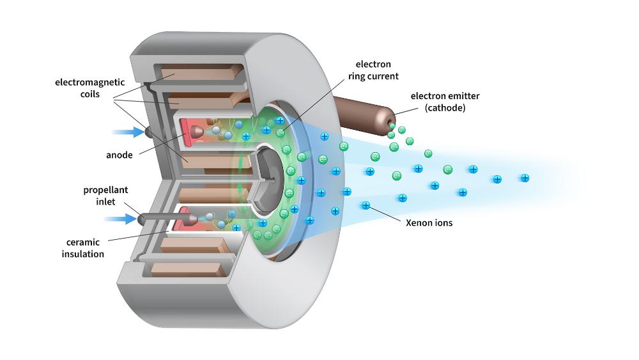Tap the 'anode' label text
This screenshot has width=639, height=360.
[x=120, y=155]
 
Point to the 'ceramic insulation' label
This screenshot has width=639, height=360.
[x=83, y=248]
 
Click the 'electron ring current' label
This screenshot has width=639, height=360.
[x=378, y=70]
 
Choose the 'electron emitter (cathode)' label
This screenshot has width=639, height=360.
[x=445, y=102]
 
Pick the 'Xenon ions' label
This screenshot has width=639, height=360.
[x=429, y=223]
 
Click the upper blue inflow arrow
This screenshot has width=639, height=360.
[x=128, y=132]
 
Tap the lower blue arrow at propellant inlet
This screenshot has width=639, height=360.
[x=121, y=219]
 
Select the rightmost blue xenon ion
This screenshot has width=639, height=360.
[x=525, y=178]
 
